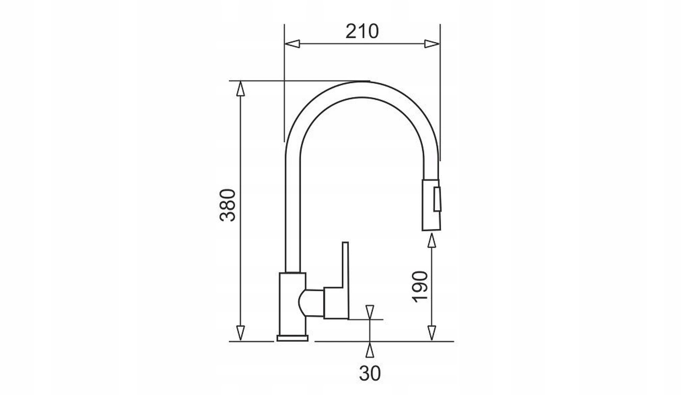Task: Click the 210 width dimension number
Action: tap(362, 31)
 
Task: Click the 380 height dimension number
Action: tap(227, 205)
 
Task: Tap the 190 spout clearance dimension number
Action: tap(420, 287)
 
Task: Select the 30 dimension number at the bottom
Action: tap(370, 373)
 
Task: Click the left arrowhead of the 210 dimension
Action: tap(292, 44)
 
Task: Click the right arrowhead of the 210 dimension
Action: tap(432, 44)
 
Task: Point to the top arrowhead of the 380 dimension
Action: tap(240, 88)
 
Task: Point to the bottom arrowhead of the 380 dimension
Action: tap(240, 333)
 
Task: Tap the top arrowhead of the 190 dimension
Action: tap(431, 240)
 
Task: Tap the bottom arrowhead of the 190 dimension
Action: tap(431, 333)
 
